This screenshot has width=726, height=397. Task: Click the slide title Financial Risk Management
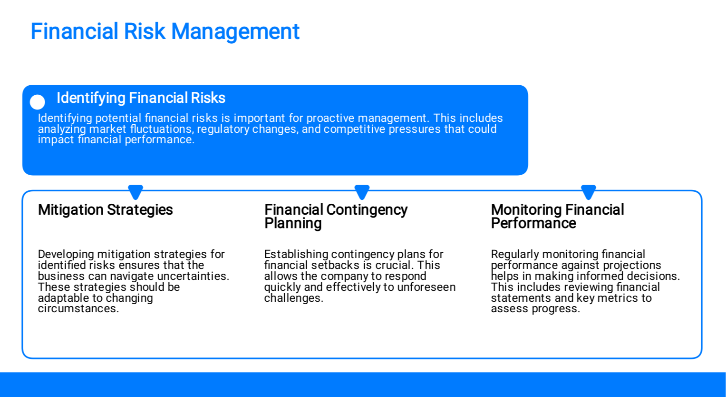pos(165,32)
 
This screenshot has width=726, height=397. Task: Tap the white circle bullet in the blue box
pos(37,102)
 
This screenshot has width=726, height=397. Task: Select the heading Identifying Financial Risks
pos(141,98)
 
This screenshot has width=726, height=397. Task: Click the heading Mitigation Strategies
pos(106,210)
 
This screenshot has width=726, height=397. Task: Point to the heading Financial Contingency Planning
pos(336,216)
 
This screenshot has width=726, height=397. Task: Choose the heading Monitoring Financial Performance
pos(558,216)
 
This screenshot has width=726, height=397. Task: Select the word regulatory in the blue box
pos(223,129)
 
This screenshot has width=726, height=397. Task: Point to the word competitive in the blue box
pos(354,129)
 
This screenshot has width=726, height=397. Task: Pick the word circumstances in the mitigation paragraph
pos(78,308)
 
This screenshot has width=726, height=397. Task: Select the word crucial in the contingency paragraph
pos(395,265)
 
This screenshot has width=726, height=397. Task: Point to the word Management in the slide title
pos(235,32)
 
